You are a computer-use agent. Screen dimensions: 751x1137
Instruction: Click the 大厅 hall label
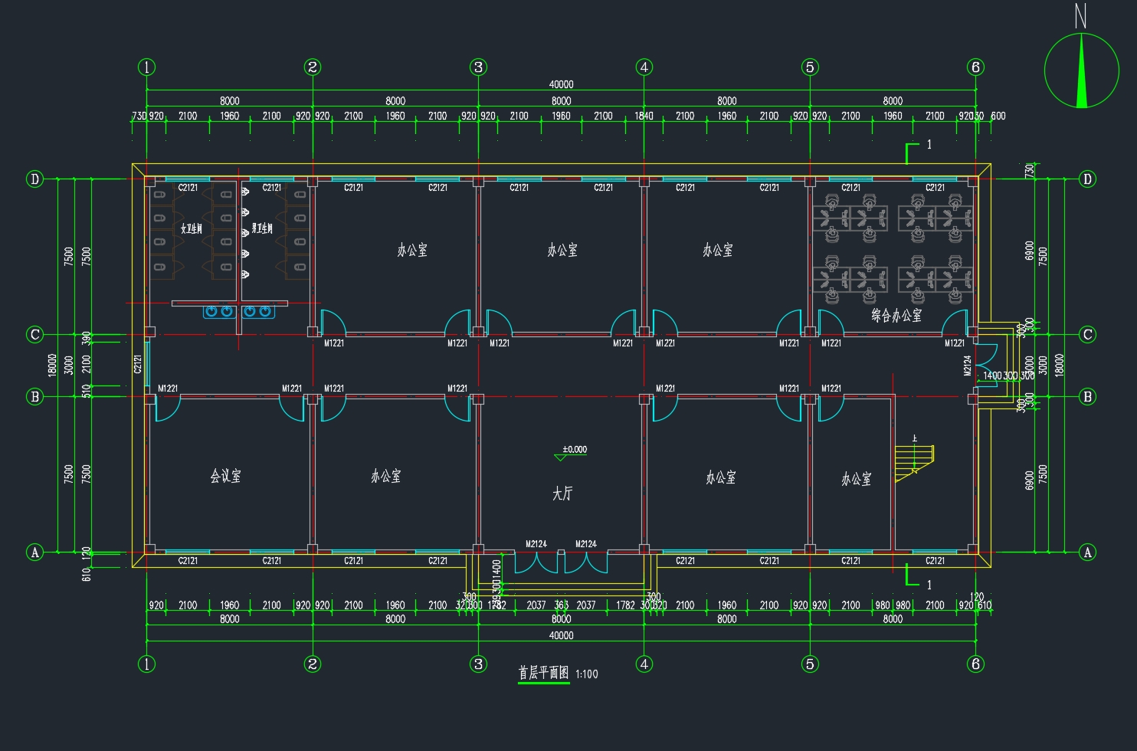point(562,494)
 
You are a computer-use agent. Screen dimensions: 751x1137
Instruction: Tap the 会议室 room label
point(225,476)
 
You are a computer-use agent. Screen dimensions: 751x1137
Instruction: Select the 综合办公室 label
point(896,315)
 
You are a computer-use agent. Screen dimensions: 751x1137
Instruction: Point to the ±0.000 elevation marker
point(573,450)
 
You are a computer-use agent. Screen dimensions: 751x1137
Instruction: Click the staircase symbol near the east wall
point(915,459)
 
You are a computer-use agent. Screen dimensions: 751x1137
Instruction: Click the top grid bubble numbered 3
point(478,67)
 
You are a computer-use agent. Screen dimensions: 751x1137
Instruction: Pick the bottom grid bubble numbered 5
point(810,664)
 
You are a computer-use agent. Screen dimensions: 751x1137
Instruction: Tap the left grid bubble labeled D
point(34,179)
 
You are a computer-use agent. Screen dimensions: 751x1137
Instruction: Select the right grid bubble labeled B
point(1087,396)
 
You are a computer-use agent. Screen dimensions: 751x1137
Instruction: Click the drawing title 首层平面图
point(543,673)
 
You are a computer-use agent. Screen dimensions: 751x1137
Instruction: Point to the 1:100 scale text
point(586,674)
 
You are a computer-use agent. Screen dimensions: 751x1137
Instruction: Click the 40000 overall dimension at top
point(561,84)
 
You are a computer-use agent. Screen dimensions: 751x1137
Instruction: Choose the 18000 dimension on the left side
point(52,365)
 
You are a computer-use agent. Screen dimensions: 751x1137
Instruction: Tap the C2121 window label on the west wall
point(138,364)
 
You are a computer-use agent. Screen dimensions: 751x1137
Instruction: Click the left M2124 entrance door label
point(536,544)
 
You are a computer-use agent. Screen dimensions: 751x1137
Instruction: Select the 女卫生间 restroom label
point(192,228)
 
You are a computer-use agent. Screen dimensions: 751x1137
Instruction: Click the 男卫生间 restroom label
point(262,228)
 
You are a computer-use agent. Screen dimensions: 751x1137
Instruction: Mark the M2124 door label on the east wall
point(967,366)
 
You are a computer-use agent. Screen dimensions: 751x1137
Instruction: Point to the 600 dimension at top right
point(998,116)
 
